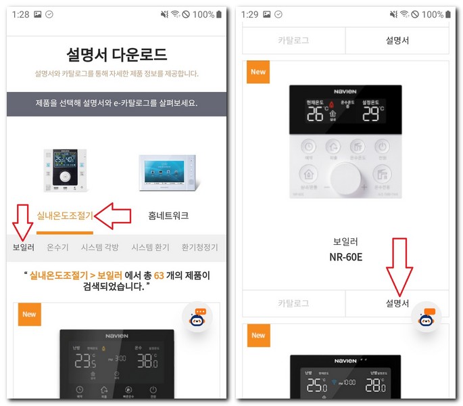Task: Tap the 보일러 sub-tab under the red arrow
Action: coord(24,248)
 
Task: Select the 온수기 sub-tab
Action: coord(58,248)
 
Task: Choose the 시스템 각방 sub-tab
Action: coord(99,248)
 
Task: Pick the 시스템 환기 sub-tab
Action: coord(150,248)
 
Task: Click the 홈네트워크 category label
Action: coord(168,216)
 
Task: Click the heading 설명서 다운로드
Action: coord(117,55)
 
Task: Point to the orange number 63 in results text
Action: coord(160,275)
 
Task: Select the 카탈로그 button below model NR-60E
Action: coord(293,303)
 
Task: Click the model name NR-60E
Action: coord(345,258)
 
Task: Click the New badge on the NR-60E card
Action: coord(258,72)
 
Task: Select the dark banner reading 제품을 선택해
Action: coord(117,104)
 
